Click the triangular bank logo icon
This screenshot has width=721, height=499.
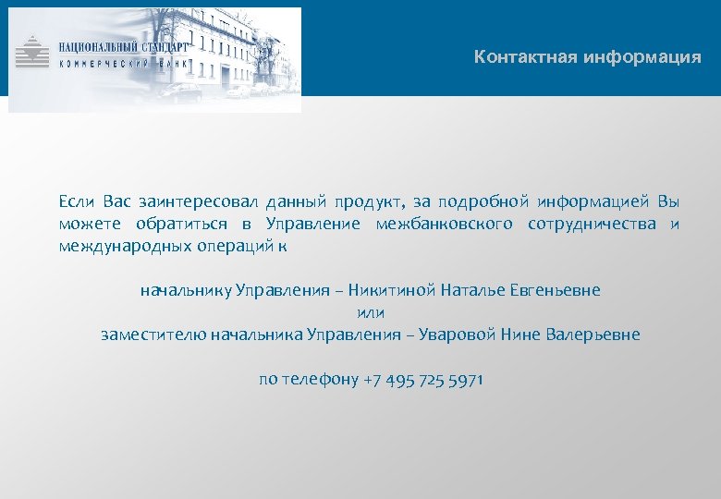[x=33, y=51]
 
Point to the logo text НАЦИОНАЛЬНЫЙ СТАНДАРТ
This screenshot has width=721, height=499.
[x=123, y=45]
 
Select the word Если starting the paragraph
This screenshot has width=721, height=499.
[x=76, y=201]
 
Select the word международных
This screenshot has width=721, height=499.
[x=125, y=246]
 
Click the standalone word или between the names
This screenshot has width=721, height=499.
[x=370, y=312]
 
